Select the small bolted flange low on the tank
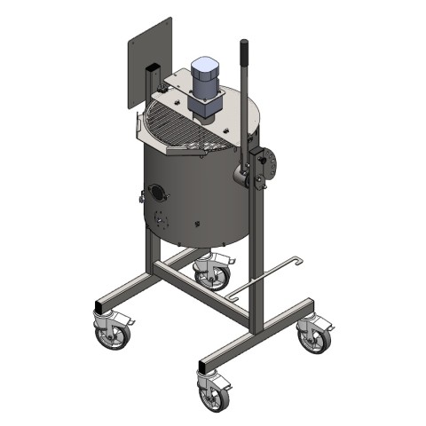160,220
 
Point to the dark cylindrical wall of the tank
200,200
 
